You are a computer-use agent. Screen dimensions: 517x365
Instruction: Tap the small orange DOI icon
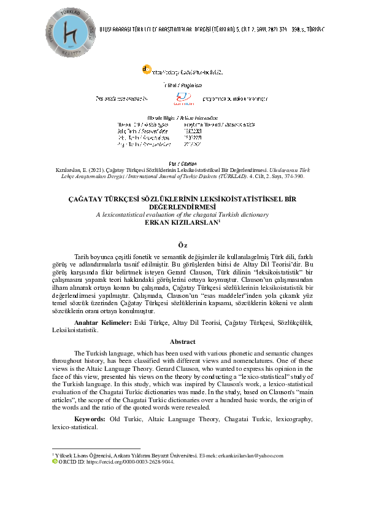pyautogui.click(x=145, y=71)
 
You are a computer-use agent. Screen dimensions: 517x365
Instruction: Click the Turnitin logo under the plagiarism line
pyautogui.click(x=182, y=98)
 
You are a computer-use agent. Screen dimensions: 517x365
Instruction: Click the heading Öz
pyautogui.click(x=182, y=244)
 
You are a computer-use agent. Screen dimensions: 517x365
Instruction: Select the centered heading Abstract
pyautogui.click(x=182, y=341)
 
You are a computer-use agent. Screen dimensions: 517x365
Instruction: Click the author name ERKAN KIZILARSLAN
pyautogui.click(x=181, y=222)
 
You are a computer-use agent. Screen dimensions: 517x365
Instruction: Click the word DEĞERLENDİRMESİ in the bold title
pyautogui.click(x=182, y=208)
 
